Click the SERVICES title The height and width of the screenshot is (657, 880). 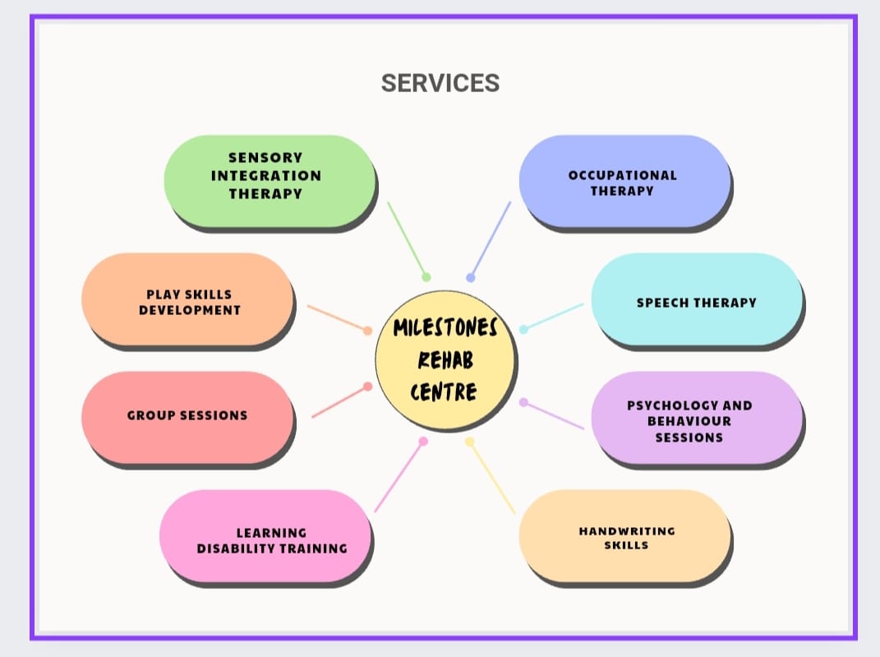coord(440,83)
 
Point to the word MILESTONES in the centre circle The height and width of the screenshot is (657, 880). coord(445,328)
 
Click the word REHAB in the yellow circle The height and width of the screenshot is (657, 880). coord(445,359)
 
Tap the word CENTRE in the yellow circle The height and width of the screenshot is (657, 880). coord(444,391)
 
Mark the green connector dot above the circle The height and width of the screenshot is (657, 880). coord(426,277)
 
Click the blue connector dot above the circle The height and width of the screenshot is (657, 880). coord(471,278)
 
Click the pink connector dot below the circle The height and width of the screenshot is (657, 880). coord(423,442)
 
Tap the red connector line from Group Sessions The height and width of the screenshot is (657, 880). coord(339,402)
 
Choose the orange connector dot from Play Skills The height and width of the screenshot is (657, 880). coord(367,331)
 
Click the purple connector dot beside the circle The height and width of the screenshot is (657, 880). coord(523,402)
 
